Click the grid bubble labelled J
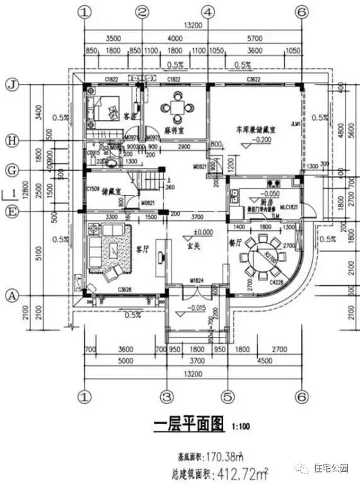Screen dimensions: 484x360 (10, 84)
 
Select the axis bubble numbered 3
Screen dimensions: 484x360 (166, 396)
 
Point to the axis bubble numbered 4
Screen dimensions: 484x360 (207, 11)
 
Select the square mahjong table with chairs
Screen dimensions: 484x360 (178, 106)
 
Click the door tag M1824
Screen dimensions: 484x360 (196, 280)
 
